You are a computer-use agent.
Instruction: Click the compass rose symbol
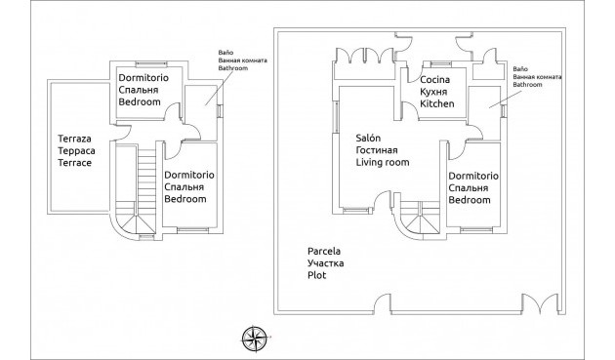tap(255, 339)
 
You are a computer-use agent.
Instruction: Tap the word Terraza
tap(74, 139)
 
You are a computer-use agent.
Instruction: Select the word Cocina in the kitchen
tap(434, 80)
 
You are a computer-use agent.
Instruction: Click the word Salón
tap(368, 138)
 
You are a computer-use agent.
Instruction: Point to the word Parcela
tap(323, 251)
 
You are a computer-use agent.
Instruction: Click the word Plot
tap(316, 275)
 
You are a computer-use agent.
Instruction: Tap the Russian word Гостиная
tap(377, 150)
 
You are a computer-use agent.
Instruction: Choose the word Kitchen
tap(437, 103)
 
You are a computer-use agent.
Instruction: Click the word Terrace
tap(74, 163)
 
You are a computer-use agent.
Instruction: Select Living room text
tap(383, 162)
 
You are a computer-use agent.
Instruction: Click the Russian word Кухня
tap(433, 92)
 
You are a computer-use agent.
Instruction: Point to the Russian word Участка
tap(325, 263)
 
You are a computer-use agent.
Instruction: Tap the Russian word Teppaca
tap(76, 150)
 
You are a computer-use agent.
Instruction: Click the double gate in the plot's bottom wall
tap(541, 304)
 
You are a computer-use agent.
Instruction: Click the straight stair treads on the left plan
tap(146, 173)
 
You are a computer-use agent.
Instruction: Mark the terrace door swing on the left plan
tap(122, 132)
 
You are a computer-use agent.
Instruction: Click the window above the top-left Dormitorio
tap(151, 64)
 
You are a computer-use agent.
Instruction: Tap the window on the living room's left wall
tap(336, 117)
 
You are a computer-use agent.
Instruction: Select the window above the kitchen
tap(440, 64)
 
